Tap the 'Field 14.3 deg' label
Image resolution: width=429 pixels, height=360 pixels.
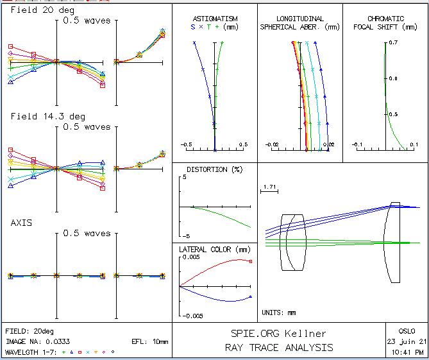coord(47,116)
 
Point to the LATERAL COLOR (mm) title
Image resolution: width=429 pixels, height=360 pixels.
coord(214,249)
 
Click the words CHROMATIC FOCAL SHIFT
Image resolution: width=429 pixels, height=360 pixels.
coord(385,23)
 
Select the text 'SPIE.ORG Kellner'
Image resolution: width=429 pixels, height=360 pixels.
coord(278,334)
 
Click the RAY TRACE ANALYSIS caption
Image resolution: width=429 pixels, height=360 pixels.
coord(278,347)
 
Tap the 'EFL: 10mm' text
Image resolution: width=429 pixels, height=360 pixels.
coord(149,342)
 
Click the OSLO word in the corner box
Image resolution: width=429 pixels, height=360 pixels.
coord(407,330)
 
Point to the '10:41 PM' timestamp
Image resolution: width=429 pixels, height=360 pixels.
coord(407,352)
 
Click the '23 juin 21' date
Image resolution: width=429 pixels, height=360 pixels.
coord(407,341)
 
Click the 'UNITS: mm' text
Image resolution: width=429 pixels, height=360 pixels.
coord(280,313)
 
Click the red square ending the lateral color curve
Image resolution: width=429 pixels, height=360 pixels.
coord(251,261)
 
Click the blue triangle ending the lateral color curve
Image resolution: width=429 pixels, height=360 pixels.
coord(250,296)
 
